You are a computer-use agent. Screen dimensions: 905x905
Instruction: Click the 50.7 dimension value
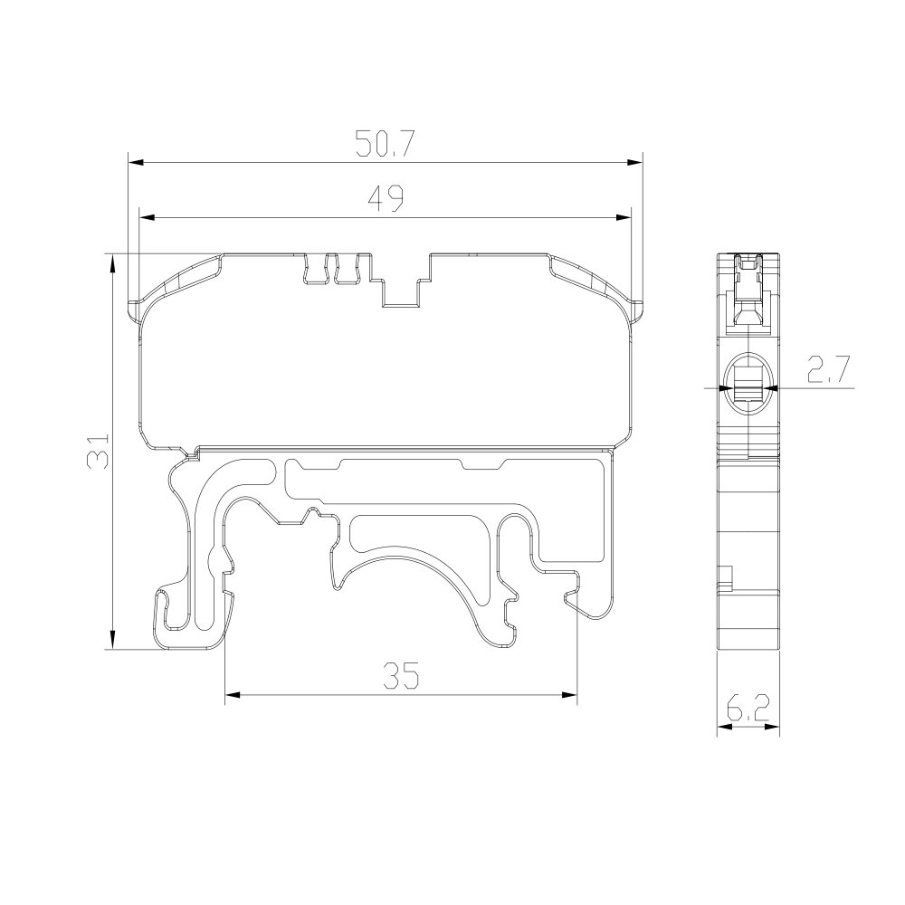tap(385, 144)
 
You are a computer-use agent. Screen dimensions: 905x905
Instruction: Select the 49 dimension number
tap(386, 198)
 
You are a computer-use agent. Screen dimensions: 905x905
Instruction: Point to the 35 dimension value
tap(401, 675)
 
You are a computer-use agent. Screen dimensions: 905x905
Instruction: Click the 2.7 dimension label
tap(828, 370)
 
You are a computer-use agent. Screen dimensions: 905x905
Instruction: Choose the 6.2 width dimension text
tap(748, 708)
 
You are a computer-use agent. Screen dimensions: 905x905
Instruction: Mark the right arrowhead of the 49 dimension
tap(624, 217)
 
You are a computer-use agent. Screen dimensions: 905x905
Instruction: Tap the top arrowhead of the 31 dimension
tap(112, 262)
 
